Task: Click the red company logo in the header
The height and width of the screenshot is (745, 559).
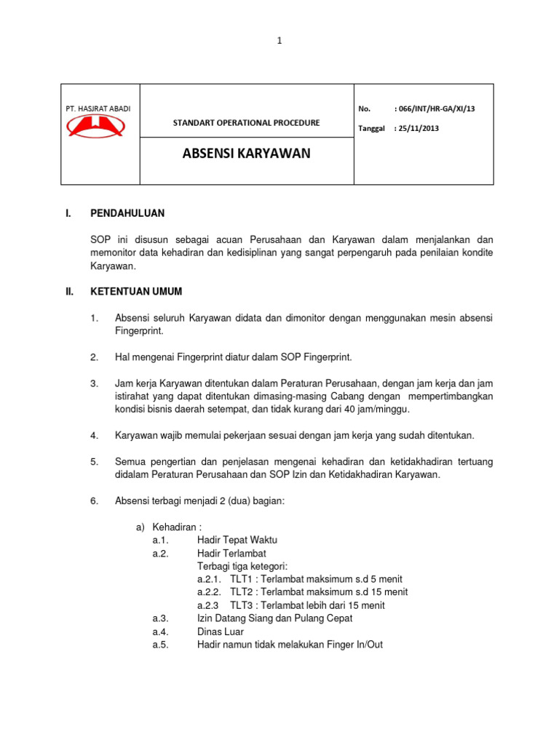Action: click(x=96, y=127)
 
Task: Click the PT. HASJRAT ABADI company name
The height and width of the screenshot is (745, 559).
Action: click(x=98, y=109)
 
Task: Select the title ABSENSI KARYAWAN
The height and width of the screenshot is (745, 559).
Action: click(x=246, y=154)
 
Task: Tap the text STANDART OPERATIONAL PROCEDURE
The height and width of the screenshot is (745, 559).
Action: click(x=246, y=122)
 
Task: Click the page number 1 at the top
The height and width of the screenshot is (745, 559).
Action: click(x=279, y=41)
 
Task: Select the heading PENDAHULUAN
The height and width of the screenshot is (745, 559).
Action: click(x=127, y=213)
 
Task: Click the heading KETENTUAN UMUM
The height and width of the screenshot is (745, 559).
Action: click(x=135, y=292)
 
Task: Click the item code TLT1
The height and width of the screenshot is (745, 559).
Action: click(x=241, y=579)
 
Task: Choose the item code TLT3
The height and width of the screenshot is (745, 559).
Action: click(x=241, y=605)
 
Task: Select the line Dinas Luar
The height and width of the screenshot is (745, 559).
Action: click(x=219, y=632)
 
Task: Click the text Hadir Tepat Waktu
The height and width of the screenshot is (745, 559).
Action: click(x=237, y=540)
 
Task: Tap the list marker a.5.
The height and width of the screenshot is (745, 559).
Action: click(x=160, y=645)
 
